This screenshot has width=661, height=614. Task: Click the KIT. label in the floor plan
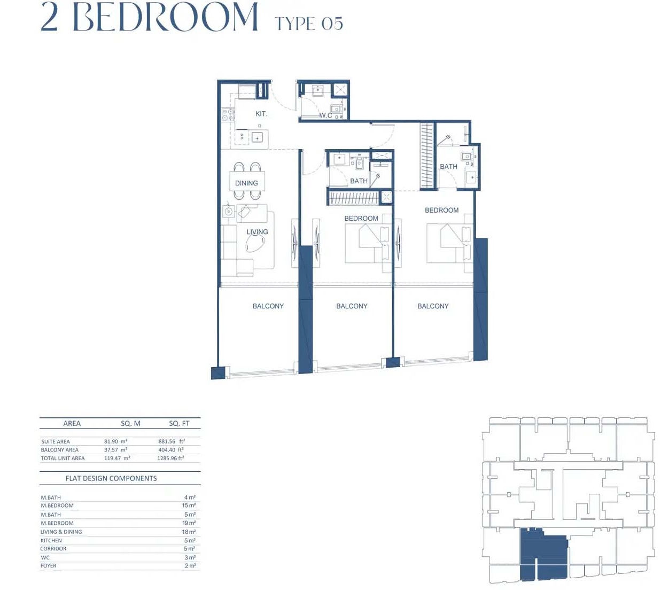(261, 114)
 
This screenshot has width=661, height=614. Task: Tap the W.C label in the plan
(325, 115)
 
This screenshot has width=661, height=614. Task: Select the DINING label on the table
(246, 183)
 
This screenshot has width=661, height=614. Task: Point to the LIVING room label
(257, 232)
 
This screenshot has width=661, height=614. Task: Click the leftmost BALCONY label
(268, 306)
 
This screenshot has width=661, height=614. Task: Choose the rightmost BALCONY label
(433, 306)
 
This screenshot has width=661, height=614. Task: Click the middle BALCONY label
(352, 306)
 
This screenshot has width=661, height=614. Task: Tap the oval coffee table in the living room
(255, 244)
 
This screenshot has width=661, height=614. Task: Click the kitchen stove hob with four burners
(228, 114)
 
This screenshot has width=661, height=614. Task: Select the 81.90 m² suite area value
(115, 441)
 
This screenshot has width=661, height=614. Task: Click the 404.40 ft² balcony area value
(171, 450)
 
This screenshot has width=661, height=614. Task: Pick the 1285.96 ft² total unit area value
(170, 458)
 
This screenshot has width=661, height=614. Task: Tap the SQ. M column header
(130, 423)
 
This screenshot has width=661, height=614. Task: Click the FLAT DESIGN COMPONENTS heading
(111, 478)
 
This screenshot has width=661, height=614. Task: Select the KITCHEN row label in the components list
(51, 540)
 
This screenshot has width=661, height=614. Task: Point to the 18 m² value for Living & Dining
(189, 532)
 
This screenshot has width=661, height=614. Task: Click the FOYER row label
(49, 565)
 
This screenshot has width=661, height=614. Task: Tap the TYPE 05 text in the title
(308, 24)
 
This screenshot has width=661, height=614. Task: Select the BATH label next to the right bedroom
(448, 167)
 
